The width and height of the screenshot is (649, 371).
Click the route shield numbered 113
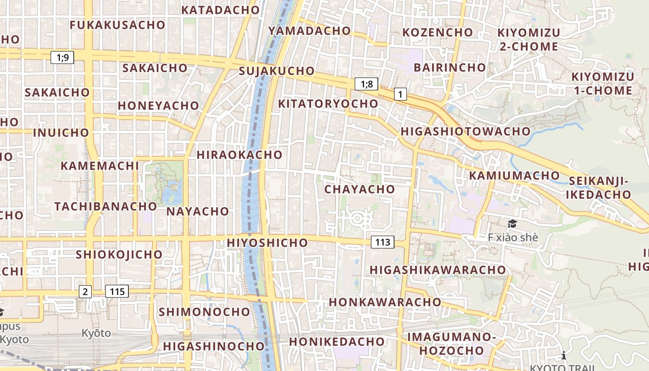[382, 242]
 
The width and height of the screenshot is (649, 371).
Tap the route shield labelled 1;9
[63, 58]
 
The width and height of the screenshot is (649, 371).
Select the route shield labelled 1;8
[366, 84]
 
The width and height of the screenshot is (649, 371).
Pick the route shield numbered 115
[117, 291]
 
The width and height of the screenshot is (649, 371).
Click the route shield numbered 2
[85, 291]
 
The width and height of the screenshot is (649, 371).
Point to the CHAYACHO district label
[359, 189]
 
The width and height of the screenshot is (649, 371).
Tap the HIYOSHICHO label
[267, 243]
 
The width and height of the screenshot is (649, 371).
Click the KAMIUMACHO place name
[515, 176]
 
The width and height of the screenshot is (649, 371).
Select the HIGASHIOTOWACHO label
[465, 131]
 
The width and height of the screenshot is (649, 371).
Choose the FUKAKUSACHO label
[117, 25]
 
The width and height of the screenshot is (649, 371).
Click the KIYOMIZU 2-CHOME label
[528, 39]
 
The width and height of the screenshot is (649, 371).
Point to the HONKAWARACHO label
[385, 302]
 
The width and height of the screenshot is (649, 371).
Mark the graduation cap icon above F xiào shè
[512, 224]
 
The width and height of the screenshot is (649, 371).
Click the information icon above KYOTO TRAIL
[564, 356]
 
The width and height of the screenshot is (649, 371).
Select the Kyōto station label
[96, 333]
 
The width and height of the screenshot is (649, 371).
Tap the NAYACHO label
[198, 211]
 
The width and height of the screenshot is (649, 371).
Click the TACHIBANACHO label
[106, 206]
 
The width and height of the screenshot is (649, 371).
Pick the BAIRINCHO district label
[450, 67]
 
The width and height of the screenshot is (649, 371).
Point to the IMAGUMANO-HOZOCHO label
[449, 343]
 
